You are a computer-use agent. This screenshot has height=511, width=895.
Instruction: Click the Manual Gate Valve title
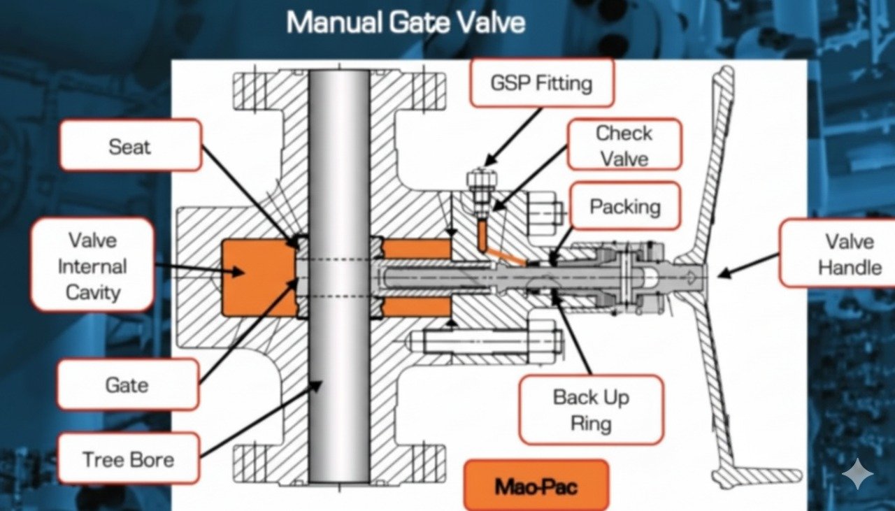click(x=406, y=22)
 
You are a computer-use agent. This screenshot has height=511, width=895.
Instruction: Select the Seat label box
click(x=130, y=145)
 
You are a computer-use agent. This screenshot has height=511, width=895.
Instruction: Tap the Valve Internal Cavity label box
click(x=92, y=265)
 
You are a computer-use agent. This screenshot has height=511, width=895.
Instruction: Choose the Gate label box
click(x=127, y=384)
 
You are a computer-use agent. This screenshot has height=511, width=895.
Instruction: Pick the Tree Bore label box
click(x=127, y=459)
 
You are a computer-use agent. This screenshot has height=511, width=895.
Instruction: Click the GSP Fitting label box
click(x=541, y=82)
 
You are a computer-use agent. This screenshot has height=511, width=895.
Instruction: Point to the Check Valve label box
click(x=624, y=145)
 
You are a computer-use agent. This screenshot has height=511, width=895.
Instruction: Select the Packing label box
click(x=624, y=206)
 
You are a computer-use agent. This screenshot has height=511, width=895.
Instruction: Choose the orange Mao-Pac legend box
click(x=536, y=484)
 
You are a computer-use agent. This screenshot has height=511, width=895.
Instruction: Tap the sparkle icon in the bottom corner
click(x=857, y=476)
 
